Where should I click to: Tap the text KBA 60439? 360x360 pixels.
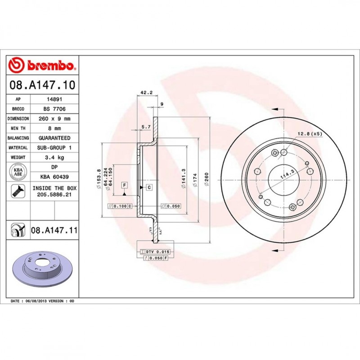pos(54,176)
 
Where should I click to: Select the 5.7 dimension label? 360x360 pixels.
pos(145,127)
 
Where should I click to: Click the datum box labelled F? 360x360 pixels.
pos(124,185)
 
